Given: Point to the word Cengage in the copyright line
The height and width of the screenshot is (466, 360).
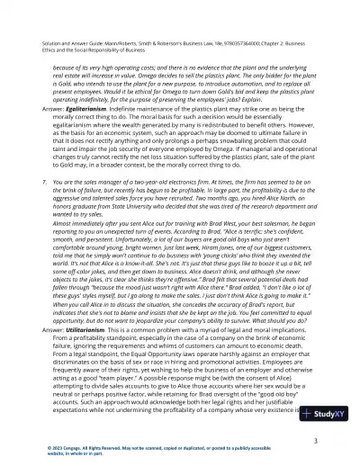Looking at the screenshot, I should (67, 453).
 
